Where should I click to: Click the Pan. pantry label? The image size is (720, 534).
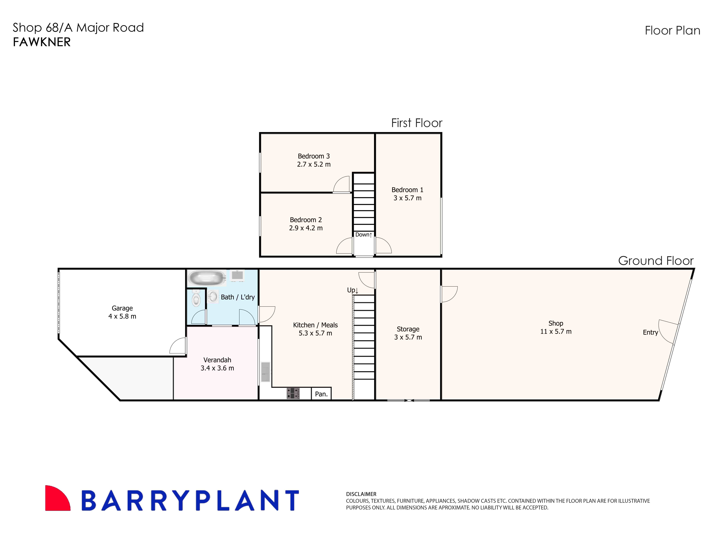pyautogui.click(x=321, y=394)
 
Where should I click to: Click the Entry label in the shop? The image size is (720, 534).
pyautogui.click(x=650, y=333)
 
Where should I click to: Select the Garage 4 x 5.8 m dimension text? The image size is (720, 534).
pyautogui.click(x=122, y=316)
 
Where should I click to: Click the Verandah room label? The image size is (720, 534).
pyautogui.click(x=217, y=360)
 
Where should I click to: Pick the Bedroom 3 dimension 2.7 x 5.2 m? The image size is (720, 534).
pyautogui.click(x=314, y=164)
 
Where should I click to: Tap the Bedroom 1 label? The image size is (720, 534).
pyautogui.click(x=407, y=190)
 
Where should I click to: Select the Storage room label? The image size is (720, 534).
pyautogui.click(x=408, y=329)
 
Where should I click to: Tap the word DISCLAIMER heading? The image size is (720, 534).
pyautogui.click(x=361, y=494)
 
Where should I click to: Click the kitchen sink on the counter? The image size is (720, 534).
pyautogui.click(x=265, y=372)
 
